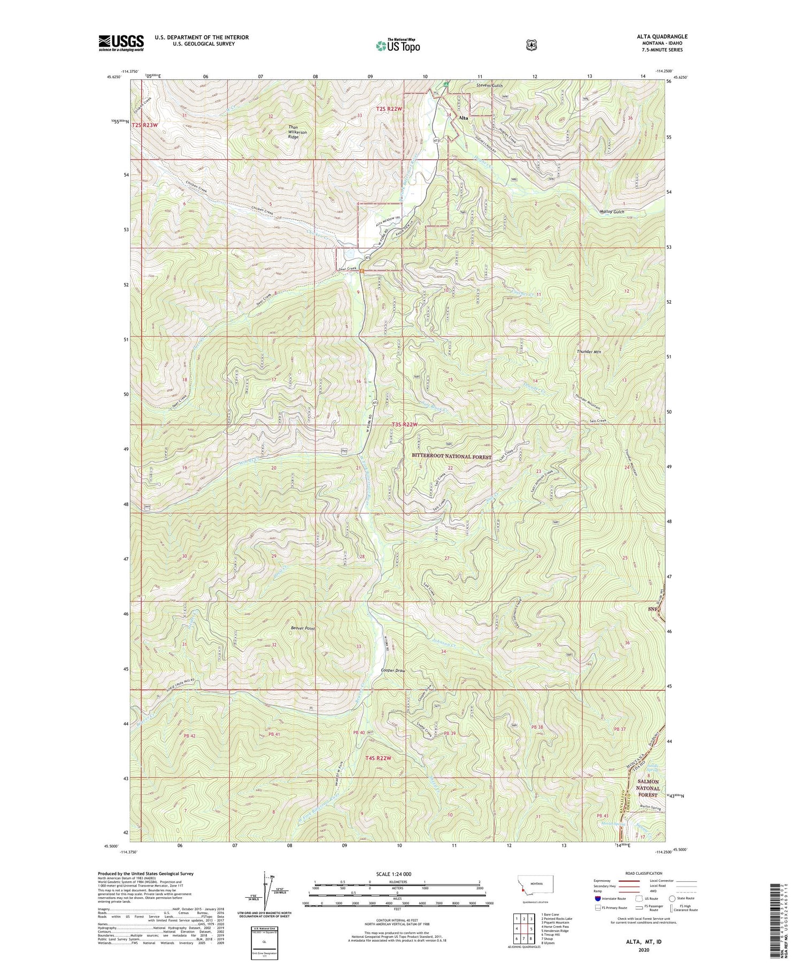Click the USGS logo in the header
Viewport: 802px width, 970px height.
point(121,43)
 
